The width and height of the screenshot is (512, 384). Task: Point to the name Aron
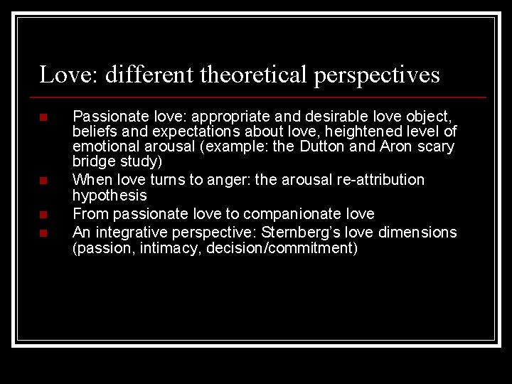402,146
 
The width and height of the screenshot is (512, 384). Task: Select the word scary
438,147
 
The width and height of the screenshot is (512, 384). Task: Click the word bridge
92,161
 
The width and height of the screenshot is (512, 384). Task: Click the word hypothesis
110,196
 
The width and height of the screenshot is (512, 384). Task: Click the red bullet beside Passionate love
43,117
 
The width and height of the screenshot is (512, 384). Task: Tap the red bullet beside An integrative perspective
43,233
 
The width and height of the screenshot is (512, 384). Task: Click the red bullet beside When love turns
43,181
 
